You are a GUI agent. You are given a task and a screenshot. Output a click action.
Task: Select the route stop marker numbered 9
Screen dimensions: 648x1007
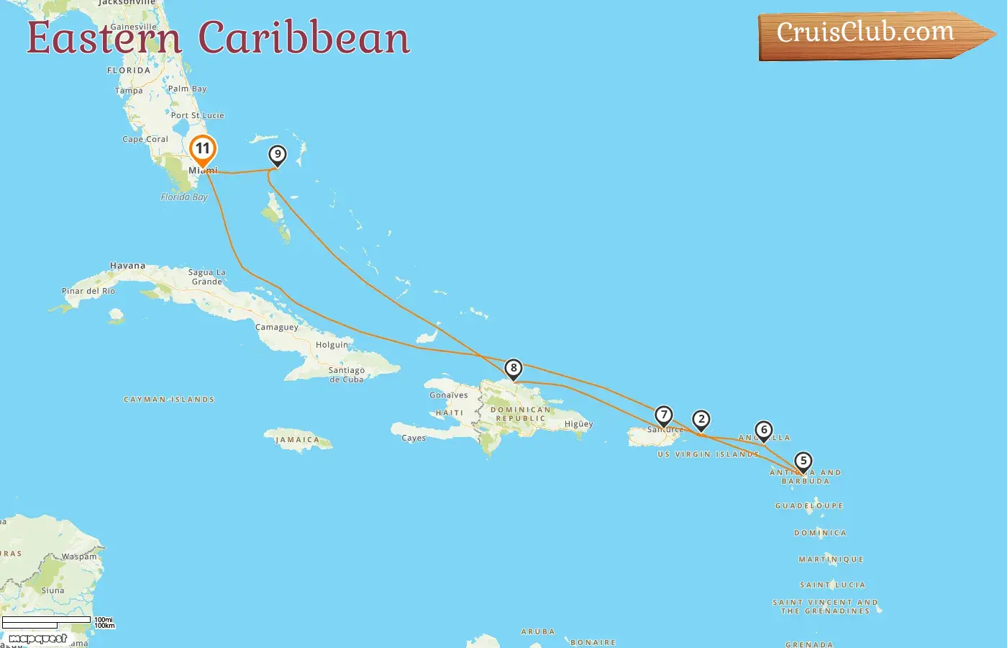[277, 154]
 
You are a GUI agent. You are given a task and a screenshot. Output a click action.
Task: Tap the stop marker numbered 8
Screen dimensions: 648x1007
[513, 369]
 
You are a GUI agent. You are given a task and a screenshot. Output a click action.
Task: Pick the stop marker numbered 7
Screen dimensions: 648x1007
[663, 415]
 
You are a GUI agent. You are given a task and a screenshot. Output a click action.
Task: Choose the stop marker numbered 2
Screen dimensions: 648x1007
[701, 419]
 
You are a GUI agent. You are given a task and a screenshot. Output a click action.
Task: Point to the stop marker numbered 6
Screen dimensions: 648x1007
[764, 430]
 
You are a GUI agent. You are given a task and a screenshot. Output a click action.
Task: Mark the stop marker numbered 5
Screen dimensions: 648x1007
[803, 461]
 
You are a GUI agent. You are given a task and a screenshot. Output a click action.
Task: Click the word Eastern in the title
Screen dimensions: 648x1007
[104, 38]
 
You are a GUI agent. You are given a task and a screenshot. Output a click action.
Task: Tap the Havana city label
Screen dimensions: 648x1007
[127, 266]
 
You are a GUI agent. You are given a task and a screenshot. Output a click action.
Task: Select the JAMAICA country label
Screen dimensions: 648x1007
[298, 439]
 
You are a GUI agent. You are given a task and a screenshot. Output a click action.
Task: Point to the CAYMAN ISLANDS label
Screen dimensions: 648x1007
[169, 399]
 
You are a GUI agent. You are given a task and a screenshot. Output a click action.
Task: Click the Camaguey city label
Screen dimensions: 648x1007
[277, 327]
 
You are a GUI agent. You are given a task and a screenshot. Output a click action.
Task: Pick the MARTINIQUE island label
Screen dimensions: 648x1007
[831, 559]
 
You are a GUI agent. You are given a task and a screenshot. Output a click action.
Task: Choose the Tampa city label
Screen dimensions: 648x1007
[129, 91]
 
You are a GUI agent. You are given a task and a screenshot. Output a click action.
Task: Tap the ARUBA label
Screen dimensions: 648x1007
[538, 631]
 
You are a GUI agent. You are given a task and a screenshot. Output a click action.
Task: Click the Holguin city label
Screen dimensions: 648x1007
[332, 345]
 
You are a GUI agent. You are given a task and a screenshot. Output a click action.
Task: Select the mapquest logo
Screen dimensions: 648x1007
[37, 639]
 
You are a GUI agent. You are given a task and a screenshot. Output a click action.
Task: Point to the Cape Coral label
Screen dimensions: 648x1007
[145, 139]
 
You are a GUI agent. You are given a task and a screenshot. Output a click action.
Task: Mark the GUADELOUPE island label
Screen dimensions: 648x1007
[808, 505]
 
